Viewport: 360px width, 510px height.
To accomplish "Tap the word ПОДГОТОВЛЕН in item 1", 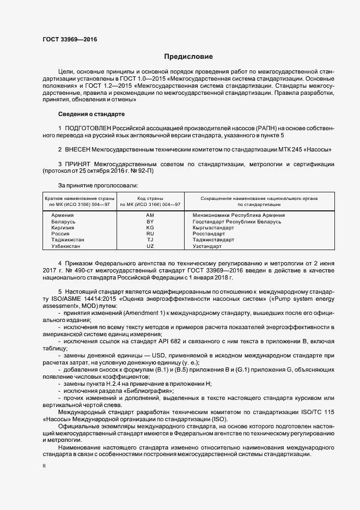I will click(x=87, y=127).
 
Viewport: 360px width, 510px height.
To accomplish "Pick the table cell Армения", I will click(x=63, y=216).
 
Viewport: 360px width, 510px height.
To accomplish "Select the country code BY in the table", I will click(x=150, y=222).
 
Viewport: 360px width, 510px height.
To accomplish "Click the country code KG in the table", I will click(x=150, y=228).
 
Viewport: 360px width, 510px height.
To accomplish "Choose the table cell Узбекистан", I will click(x=66, y=246).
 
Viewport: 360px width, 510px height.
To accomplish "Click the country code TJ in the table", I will click(x=150, y=240).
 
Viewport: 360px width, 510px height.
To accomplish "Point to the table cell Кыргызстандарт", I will click(x=213, y=228).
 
